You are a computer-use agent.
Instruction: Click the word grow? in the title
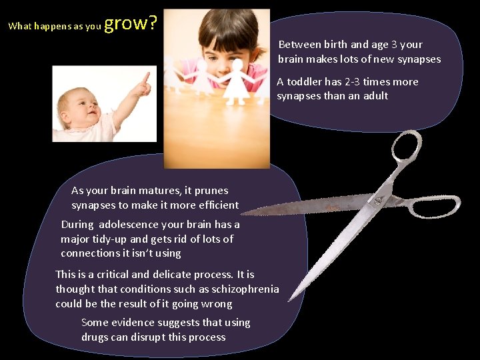(x=131, y=23)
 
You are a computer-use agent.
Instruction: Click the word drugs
(x=95, y=337)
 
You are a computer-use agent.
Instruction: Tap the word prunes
(x=213, y=191)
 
